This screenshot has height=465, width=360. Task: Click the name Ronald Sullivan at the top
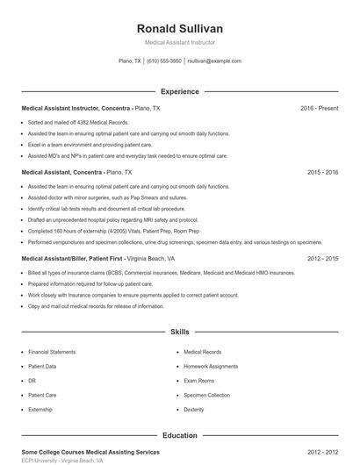[179, 28]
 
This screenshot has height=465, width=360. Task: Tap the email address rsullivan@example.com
[214, 61]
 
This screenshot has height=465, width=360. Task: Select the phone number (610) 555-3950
[164, 61]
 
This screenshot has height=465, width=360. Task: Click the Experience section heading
[179, 91]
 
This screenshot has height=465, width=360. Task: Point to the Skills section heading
[179, 333]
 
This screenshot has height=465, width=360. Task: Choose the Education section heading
[179, 434]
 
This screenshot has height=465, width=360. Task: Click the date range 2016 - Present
[319, 108]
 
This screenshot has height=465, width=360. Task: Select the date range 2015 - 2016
[322, 173]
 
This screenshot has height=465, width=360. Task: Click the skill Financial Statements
[50, 351]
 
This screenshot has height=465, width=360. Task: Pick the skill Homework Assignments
[211, 366]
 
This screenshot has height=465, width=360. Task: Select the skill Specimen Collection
[206, 395]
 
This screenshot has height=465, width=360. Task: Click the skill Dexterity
[194, 410]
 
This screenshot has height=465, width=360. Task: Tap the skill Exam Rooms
[198, 381]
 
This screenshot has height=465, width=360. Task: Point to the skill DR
[32, 381]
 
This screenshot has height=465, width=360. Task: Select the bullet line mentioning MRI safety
[112, 219]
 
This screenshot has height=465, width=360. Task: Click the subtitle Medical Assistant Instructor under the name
[179, 42]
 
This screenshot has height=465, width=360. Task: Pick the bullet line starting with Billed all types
[136, 274]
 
